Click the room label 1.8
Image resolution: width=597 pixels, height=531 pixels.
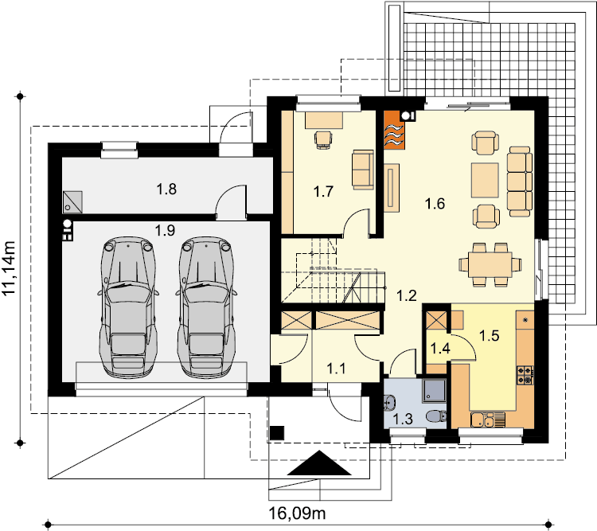coord(166,189)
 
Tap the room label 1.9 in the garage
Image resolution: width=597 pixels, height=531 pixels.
coord(165,230)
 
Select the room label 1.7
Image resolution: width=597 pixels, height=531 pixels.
coord(323,192)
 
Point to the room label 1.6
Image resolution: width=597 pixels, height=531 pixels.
coord(435,204)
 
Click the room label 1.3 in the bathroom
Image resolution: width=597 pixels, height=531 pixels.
coord(403,419)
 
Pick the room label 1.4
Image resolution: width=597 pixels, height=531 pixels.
coord(440,348)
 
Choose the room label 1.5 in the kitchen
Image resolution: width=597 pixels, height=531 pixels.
coord(489,336)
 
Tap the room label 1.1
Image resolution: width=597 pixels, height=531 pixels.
coord(336,369)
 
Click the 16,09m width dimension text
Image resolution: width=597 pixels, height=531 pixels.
coord(298,513)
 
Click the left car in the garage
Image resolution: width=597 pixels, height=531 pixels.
coord(128,307)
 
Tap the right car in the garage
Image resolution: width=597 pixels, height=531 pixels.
coord(205,307)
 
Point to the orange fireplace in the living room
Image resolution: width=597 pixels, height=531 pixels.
coord(394,130)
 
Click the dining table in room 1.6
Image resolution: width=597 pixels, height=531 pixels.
coord(490,265)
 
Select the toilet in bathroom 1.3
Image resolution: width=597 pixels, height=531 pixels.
coord(436,416)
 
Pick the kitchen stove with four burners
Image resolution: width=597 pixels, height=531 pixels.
coord(525,375)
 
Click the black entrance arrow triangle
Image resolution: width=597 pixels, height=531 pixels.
coord(319,463)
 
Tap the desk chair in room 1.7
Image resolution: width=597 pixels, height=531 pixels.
coord(323,139)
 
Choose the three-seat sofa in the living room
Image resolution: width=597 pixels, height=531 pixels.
coord(519,182)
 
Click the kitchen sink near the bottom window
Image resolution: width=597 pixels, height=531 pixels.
coord(487,420)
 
